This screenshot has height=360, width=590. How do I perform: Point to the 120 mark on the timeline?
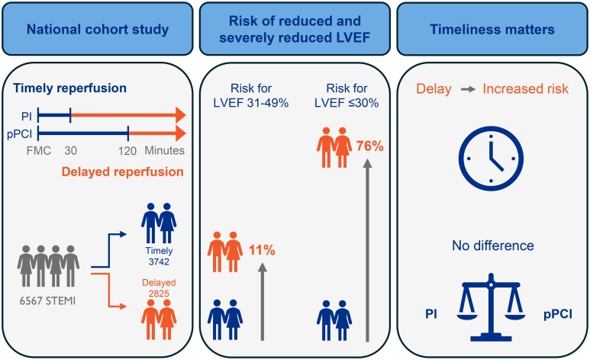tap(128, 150)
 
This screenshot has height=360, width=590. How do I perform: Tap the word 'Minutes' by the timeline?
tap(167, 150)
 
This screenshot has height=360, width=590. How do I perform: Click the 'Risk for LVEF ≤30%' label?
tap(341, 96)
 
